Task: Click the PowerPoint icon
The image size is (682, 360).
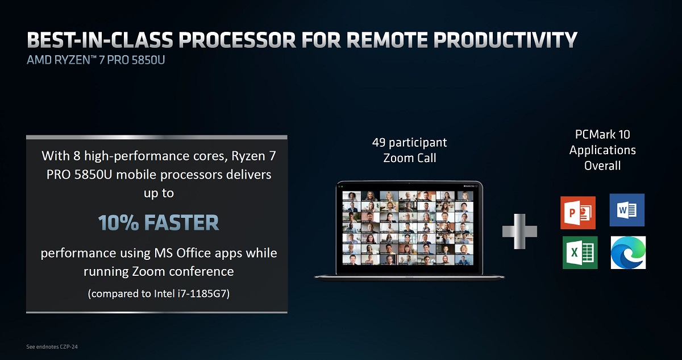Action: pyautogui.click(x=577, y=212)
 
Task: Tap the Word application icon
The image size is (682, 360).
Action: pyautogui.click(x=627, y=210)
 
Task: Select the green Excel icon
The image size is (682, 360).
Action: pyautogui.click(x=580, y=252)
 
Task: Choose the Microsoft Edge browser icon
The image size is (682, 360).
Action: pyautogui.click(x=628, y=252)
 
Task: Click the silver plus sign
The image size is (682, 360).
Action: pyautogui.click(x=519, y=231)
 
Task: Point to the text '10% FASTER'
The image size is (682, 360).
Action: pyautogui.click(x=159, y=223)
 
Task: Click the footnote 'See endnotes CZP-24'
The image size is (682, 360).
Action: pyautogui.click(x=52, y=346)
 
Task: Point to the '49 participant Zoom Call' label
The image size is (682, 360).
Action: pyautogui.click(x=409, y=150)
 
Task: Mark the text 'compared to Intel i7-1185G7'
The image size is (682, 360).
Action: pyautogui.click(x=159, y=295)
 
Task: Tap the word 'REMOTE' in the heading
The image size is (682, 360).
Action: pyautogui.click(x=373, y=41)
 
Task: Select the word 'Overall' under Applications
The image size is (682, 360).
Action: pyautogui.click(x=602, y=165)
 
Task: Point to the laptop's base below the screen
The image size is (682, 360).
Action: pyautogui.click(x=409, y=276)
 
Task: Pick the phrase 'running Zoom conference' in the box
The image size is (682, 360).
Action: pyautogui.click(x=159, y=271)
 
